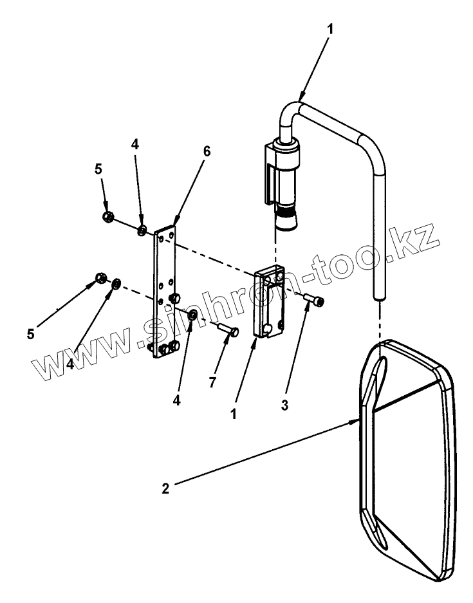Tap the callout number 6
tap(206, 152)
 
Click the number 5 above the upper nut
tap(98, 169)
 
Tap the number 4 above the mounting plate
tap(135, 145)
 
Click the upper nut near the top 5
tap(108, 216)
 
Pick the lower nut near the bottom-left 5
tap(100, 278)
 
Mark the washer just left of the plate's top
tap(142, 230)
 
